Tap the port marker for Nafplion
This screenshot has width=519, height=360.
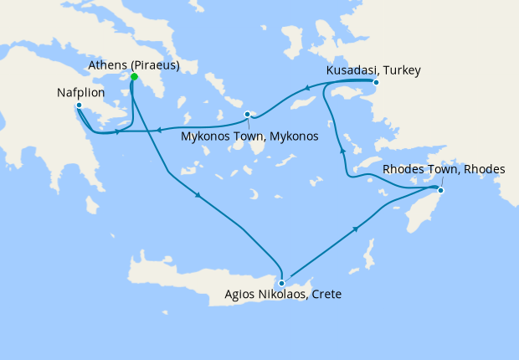point(78,105)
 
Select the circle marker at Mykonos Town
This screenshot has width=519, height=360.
point(247,114)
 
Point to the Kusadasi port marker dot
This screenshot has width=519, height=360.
point(376,82)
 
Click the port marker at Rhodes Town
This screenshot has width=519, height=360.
point(441,192)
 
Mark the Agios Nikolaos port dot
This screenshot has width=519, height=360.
point(282,283)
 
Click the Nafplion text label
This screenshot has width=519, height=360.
point(80,91)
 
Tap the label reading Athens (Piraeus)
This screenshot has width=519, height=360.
point(134,65)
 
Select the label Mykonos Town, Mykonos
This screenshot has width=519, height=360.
point(249,136)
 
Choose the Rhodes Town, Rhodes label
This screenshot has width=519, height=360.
point(444,170)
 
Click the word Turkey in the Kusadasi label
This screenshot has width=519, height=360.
point(399,70)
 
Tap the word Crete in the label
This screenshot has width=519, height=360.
point(323,295)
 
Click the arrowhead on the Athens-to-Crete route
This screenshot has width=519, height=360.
point(198,195)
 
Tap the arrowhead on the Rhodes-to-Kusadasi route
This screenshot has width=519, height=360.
point(341,150)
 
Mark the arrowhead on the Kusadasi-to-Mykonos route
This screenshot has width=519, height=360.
point(306,88)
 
